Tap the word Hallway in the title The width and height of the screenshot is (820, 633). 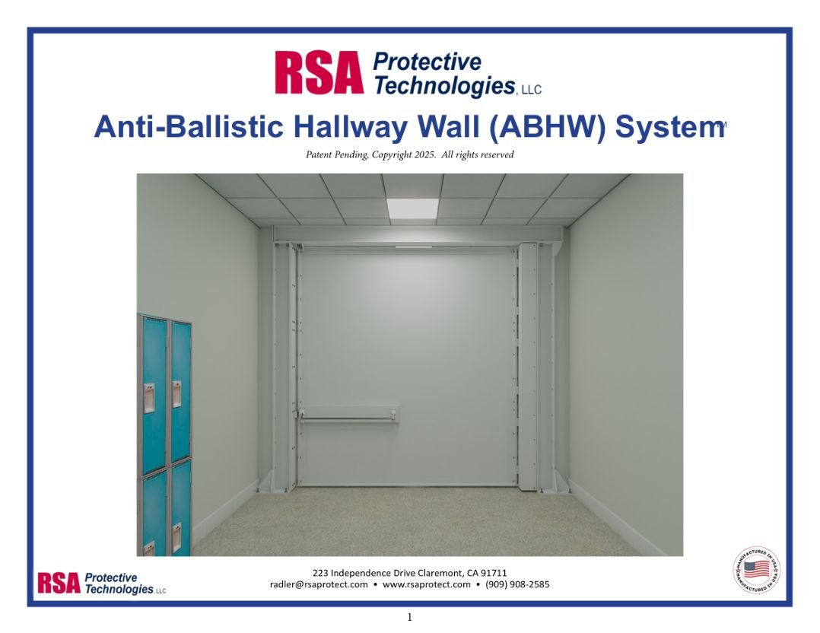(x=345, y=128)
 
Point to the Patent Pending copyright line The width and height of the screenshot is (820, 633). (x=409, y=155)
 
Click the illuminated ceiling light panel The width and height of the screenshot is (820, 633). (x=412, y=208)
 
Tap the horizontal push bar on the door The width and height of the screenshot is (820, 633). (x=350, y=415)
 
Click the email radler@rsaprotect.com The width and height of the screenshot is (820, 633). (x=319, y=585)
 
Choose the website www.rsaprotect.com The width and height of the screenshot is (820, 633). (x=426, y=585)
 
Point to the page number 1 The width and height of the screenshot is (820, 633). (x=409, y=618)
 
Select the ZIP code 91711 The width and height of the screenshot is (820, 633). (x=494, y=573)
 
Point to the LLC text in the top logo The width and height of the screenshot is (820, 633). (x=530, y=91)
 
